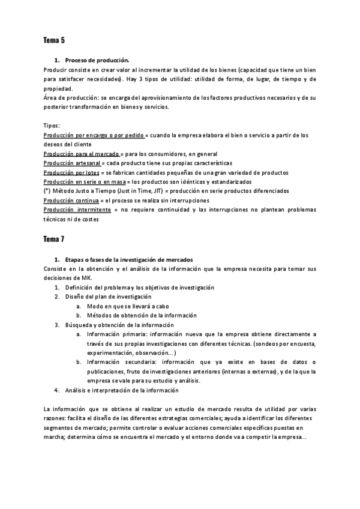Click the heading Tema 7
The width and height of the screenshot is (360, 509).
coord(54,239)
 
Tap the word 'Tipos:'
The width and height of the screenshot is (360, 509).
coord(52,126)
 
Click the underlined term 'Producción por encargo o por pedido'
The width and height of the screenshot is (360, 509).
coord(94,136)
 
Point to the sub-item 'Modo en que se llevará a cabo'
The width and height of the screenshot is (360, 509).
coord(127,306)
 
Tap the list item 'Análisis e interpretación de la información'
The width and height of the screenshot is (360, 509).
coord(122,390)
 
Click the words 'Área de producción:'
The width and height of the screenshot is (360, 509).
coord(71,98)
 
